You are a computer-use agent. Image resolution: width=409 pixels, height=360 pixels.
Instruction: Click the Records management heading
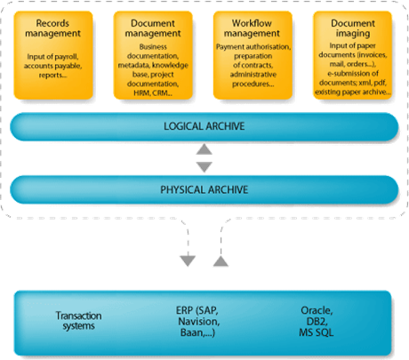(x=52, y=28)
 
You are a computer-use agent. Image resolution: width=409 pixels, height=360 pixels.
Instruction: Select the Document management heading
(x=153, y=28)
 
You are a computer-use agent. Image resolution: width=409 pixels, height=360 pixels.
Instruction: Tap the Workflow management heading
(x=252, y=28)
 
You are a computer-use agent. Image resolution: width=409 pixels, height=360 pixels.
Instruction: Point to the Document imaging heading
(x=353, y=28)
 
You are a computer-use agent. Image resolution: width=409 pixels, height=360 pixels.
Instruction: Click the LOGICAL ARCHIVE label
(x=204, y=126)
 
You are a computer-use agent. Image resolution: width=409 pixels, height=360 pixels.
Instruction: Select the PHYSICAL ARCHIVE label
(x=204, y=189)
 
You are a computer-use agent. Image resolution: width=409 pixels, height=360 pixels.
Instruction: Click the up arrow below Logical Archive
(x=204, y=149)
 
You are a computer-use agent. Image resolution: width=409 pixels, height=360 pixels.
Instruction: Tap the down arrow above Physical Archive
(x=204, y=167)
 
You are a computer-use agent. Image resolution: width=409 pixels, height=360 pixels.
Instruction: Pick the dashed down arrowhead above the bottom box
(x=188, y=260)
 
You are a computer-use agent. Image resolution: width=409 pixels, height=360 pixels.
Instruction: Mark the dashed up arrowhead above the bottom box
(x=221, y=261)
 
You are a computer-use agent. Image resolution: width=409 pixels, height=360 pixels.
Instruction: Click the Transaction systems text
(x=78, y=321)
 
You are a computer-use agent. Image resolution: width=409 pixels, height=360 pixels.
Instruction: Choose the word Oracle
(x=317, y=310)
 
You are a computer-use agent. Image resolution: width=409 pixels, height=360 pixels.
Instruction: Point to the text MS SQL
(x=317, y=332)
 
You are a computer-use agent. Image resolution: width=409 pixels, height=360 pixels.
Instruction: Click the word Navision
(x=199, y=322)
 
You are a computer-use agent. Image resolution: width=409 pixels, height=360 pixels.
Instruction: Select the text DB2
(x=317, y=322)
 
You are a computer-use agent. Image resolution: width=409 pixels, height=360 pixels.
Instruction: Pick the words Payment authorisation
(x=253, y=47)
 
